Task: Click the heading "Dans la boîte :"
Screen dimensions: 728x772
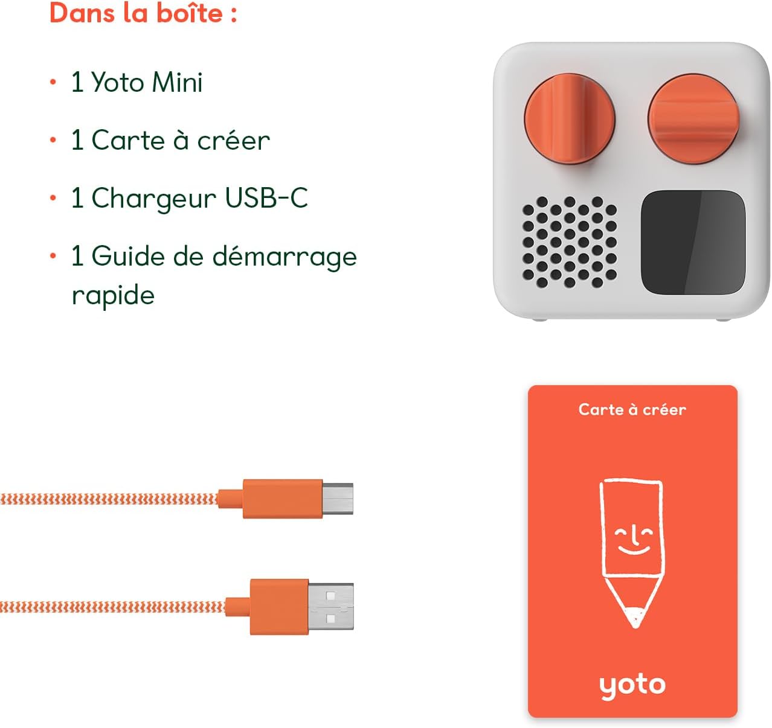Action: pos(143,13)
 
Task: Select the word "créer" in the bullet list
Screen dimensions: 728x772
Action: pos(233,141)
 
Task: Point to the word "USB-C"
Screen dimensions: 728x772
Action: pos(266,198)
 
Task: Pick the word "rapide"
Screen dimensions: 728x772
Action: pos(113,296)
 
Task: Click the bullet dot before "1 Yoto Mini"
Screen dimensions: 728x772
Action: pos(53,82)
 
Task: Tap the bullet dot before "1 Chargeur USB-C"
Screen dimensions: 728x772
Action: pos(53,198)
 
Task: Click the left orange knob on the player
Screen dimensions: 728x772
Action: pos(569,118)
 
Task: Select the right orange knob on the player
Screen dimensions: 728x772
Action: pos(693,116)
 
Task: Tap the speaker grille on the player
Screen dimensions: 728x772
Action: pos(569,241)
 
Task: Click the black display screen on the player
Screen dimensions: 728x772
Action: pos(692,243)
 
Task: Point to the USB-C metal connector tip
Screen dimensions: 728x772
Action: pos(338,499)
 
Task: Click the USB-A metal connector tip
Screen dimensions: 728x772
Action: pos(331,607)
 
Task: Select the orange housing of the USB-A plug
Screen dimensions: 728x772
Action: pos(279,607)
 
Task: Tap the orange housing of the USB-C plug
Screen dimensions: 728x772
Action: pos(282,499)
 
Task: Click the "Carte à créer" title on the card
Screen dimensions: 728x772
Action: pos(632,410)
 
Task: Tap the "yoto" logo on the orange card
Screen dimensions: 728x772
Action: pos(632,685)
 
